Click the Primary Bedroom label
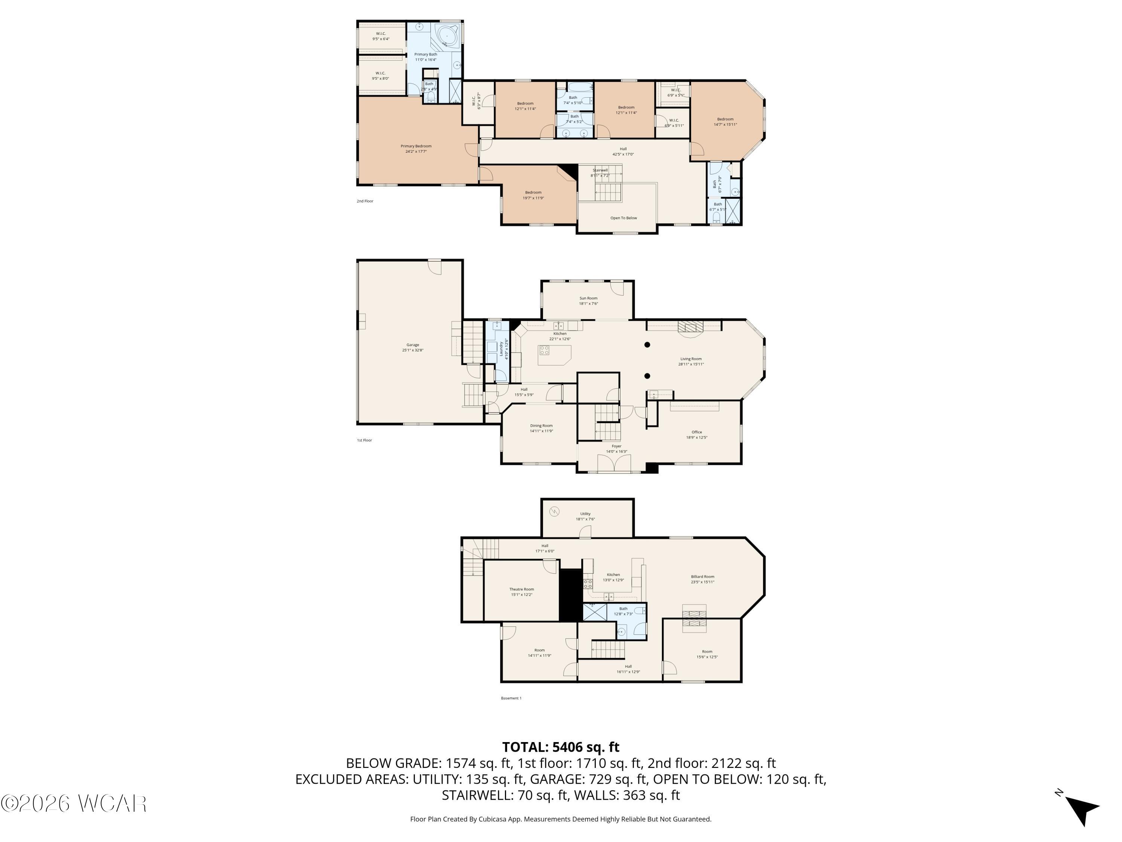(416, 149)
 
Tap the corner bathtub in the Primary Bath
(447, 36)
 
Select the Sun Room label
(588, 301)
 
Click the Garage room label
(413, 348)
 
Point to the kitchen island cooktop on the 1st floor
(544, 350)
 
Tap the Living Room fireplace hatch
(691, 327)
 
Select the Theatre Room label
(521, 592)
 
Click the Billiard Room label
(702, 579)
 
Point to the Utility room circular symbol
(554, 512)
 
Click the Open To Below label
(623, 218)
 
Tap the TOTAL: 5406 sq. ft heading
(561, 747)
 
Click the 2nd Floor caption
(365, 201)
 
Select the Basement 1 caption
(511, 698)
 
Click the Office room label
(696, 434)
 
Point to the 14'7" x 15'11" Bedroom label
(725, 122)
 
